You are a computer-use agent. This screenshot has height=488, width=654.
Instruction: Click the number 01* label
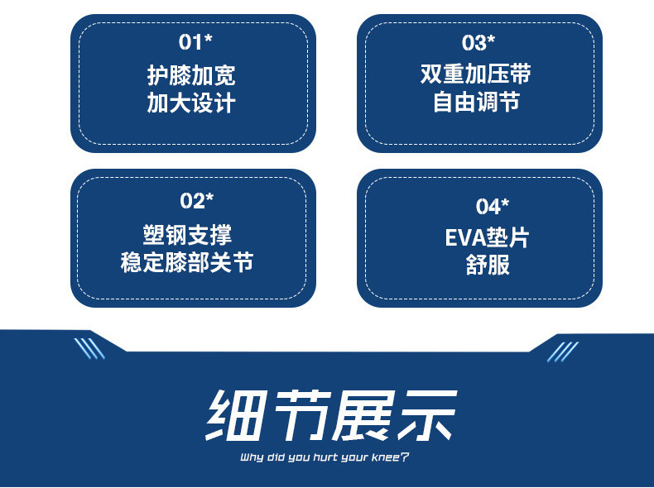click(x=195, y=41)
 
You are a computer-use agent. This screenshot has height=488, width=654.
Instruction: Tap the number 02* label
click(x=197, y=200)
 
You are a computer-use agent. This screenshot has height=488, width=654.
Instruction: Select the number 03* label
click(x=478, y=42)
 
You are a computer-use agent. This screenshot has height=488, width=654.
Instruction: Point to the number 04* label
click(x=493, y=206)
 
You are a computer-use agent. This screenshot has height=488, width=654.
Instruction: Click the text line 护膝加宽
click(x=191, y=75)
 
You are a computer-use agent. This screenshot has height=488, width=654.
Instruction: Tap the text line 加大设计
click(x=191, y=103)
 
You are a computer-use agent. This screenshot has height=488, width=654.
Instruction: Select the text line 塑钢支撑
click(x=187, y=235)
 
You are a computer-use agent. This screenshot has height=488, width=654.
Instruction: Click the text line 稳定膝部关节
click(x=187, y=262)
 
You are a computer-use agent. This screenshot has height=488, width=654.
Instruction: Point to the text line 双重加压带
click(x=475, y=74)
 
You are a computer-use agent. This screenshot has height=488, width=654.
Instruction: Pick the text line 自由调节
click(x=476, y=102)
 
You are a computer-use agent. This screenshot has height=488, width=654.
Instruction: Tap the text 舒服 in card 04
click(x=488, y=265)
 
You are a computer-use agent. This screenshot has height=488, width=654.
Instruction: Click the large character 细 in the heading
click(x=236, y=415)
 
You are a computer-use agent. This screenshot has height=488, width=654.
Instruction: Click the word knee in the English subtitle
click(x=385, y=457)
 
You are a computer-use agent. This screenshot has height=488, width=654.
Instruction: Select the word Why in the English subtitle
click(x=252, y=457)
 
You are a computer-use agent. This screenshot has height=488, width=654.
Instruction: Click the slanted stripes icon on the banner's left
click(x=89, y=348)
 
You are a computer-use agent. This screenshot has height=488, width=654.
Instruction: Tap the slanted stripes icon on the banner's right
click(x=563, y=352)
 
